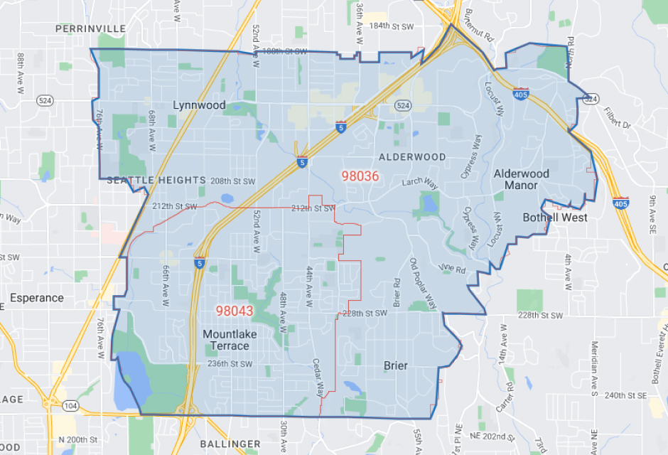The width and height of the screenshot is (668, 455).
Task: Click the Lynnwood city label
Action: pos(199,105)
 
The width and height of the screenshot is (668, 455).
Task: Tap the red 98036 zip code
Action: pos(360,176)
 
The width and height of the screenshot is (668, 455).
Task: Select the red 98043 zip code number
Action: pos(235,311)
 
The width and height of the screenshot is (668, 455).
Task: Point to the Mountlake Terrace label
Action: pos(229,340)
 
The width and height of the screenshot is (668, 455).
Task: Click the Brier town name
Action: pos(396,365)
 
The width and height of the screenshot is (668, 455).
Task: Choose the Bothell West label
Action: pos(555,217)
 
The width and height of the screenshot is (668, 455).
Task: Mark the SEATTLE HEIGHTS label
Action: pos(156,181)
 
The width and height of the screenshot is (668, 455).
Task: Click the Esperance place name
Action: pos(36,298)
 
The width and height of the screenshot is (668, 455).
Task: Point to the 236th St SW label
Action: pos(230,364)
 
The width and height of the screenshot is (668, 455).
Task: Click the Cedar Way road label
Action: pos(318,377)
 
